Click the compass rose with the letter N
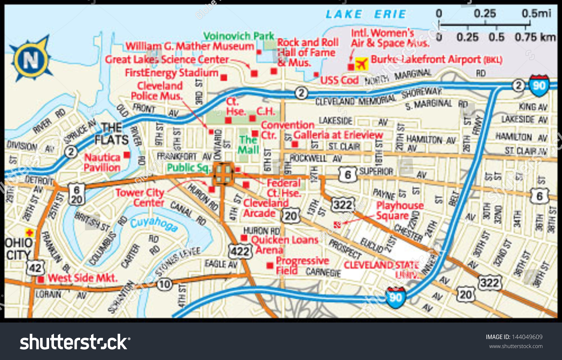coord(31,59)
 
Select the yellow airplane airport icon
coord(362,64)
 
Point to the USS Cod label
coord(339,80)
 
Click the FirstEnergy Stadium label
coord(172,73)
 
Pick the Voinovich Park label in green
coord(239,36)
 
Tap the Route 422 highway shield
coord(240,251)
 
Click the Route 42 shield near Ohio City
coord(35,268)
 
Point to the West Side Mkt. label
coord(82,278)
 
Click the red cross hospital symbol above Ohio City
coord(29,233)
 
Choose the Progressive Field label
coord(302,265)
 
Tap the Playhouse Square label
coord(399,211)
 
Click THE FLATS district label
coord(111,134)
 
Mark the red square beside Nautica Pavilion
coord(127,155)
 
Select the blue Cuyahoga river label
coord(154,224)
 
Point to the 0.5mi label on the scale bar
coord(536,13)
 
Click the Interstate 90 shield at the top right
coord(539,85)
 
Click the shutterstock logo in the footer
coord(75,342)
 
